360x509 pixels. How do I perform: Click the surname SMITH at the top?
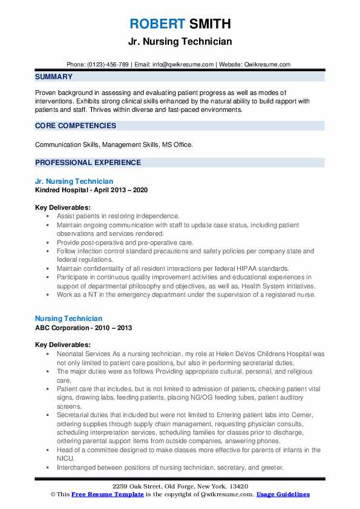coord(209,24)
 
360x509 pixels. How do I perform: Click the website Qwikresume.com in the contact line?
coord(268,65)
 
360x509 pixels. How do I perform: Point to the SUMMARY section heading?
coord(54,77)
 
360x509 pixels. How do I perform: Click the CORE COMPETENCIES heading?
coord(76,126)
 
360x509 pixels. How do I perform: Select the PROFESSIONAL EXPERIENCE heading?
coord(88,163)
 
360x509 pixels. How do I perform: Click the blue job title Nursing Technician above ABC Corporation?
coord(68,318)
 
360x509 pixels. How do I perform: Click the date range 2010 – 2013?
coord(116,327)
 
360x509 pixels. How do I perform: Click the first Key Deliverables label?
coord(61,207)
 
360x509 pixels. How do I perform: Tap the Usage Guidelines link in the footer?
coord(283,494)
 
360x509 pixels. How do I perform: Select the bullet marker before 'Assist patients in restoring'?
coord(47,216)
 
